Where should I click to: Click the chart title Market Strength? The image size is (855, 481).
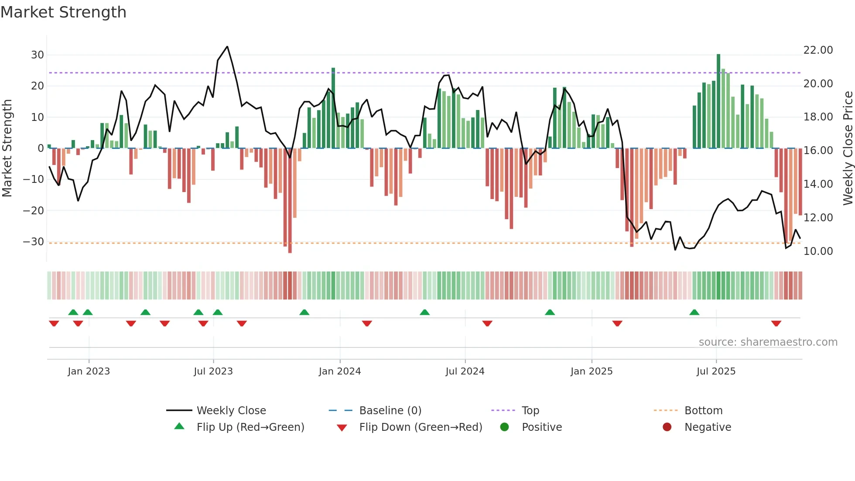click(x=63, y=12)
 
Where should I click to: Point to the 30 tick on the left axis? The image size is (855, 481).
click(x=38, y=55)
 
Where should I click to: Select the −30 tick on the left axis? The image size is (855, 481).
click(x=34, y=242)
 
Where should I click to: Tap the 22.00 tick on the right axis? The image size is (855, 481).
click(x=818, y=50)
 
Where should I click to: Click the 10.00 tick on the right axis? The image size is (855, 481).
click(x=818, y=251)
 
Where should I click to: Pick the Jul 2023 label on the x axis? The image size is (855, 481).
click(x=213, y=371)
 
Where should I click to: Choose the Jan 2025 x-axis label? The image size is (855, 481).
click(x=592, y=371)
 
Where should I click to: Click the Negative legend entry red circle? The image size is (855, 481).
click(x=667, y=427)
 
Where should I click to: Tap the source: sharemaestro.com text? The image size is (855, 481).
click(x=768, y=342)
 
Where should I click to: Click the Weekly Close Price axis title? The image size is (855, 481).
click(x=848, y=148)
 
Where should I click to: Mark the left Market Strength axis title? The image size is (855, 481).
click(x=7, y=148)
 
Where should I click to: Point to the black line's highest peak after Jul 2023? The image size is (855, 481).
click(x=227, y=47)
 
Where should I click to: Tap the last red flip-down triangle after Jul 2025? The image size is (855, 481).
click(x=776, y=323)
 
